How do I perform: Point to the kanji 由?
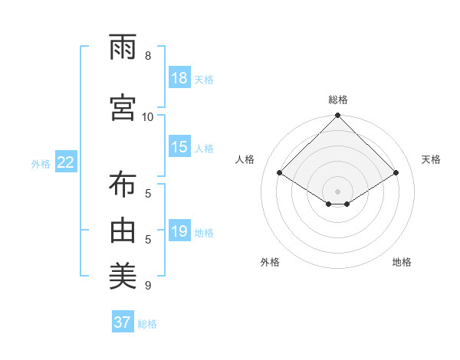tap(123, 229)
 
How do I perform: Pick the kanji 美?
tap(123, 273)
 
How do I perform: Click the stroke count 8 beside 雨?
tap(148, 56)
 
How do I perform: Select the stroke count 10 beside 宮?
tap(148, 116)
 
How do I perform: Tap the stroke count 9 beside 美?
tap(148, 286)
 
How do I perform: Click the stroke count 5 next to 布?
tap(148, 194)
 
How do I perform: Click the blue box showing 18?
tap(179, 78)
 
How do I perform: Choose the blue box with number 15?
tap(179, 147)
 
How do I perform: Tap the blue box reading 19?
tap(179, 231)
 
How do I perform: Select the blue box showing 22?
tap(66, 162)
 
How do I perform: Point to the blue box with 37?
tap(123, 322)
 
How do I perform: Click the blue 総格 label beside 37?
tap(147, 324)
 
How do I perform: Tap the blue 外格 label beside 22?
tap(41, 163)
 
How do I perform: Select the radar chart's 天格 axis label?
tap(431, 159)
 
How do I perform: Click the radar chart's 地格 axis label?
tap(402, 262)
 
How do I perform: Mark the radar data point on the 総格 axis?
tap(337, 116)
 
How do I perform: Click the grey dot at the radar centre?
tap(337, 190)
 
